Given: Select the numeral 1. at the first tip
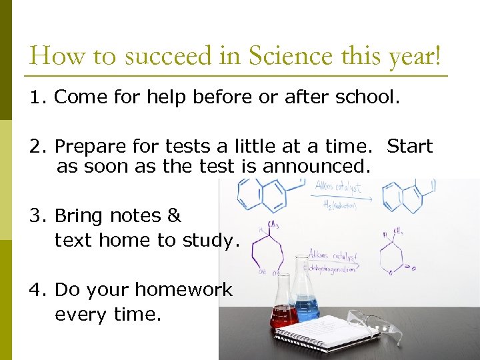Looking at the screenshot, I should point(37,97).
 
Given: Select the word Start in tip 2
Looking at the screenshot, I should point(410,146).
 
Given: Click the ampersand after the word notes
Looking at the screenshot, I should point(174,216).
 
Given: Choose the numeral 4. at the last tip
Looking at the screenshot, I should point(37,290).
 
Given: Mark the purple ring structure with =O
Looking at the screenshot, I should point(397,253).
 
